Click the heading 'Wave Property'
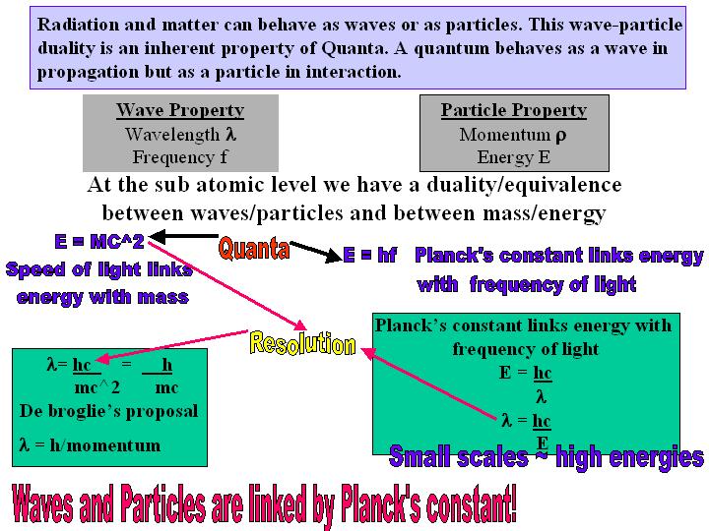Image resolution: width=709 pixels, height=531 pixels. pos(180,110)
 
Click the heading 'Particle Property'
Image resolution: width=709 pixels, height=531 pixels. pos(514,110)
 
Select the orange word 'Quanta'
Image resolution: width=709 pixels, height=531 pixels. pos(254,249)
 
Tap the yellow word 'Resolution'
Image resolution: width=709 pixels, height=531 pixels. pos(302,343)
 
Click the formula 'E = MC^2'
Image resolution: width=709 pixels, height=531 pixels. pos(99,242)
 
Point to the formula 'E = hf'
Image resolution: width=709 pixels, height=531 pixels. pos(370,255)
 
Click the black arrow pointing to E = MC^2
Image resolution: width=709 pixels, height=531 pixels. pos(183,236)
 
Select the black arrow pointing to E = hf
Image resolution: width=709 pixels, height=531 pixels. pos(316,252)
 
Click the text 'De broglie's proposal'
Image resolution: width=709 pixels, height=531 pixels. pos(109,411)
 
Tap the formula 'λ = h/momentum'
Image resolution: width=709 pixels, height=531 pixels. pos(90,445)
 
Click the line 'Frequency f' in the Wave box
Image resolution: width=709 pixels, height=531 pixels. pos(180,157)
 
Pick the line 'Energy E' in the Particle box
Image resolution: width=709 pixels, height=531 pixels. pos(514,157)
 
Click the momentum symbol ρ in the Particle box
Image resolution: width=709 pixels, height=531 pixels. pos(560,136)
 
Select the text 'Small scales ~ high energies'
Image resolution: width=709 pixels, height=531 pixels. pos(547,456)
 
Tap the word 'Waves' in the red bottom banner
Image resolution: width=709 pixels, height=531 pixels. pos(42,503)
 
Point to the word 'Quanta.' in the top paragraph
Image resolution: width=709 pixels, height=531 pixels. pos(354,48)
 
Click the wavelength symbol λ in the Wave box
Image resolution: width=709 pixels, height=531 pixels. pos(231,134)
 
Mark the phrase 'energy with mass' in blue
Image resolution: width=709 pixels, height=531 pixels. pos(102,298)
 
